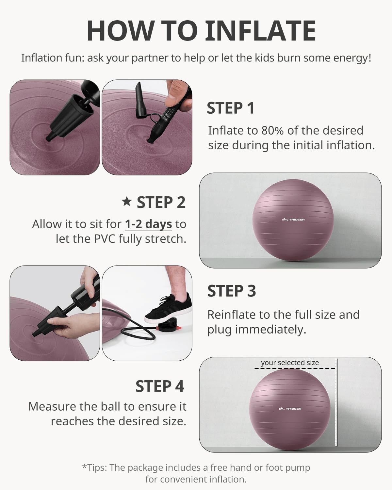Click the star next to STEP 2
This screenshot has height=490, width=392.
tap(127, 201)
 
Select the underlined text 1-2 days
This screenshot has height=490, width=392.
tap(148, 224)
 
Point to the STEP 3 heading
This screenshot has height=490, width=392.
tap(232, 291)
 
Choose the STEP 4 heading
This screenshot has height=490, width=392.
tap(160, 386)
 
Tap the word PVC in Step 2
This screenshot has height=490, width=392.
tap(105, 239)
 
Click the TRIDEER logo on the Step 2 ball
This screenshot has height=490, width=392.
tap(293, 220)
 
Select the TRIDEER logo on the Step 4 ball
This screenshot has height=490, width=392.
tap(290, 409)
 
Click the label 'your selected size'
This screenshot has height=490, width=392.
tap(290, 363)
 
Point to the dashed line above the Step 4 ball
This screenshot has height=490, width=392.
tap(295, 368)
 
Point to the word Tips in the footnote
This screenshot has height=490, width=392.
tap(97, 468)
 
